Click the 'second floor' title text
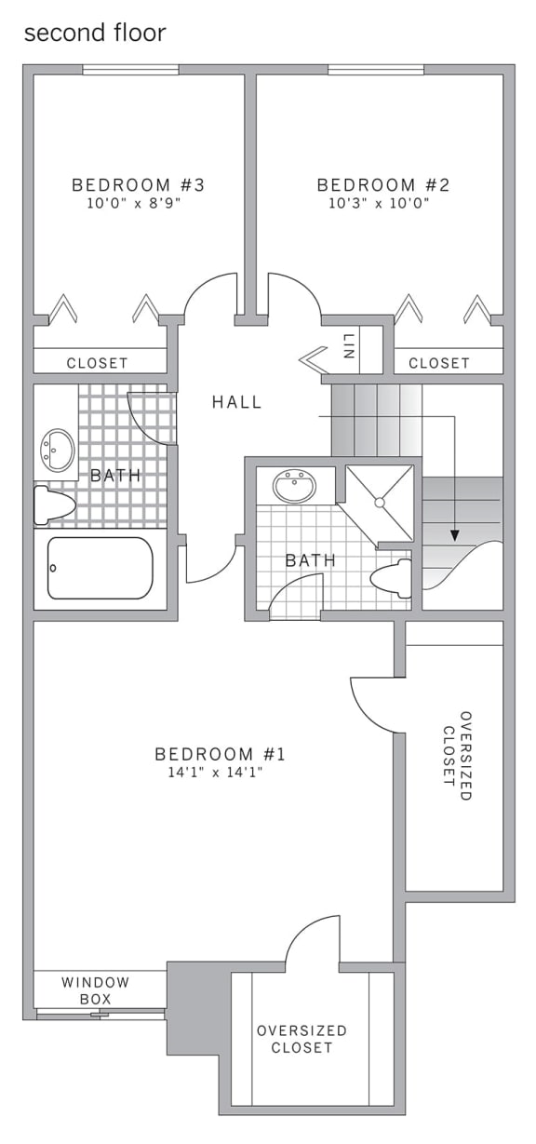94,34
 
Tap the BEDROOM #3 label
138,184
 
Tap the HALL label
236,402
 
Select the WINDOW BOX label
95,990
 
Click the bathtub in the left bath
100,568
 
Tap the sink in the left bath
58,450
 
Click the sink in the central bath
294,485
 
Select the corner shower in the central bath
380,502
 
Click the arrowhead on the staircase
454,534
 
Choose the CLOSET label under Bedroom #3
97,363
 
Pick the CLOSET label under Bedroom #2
438,363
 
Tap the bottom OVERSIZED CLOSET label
301,1039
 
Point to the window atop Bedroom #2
375,70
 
